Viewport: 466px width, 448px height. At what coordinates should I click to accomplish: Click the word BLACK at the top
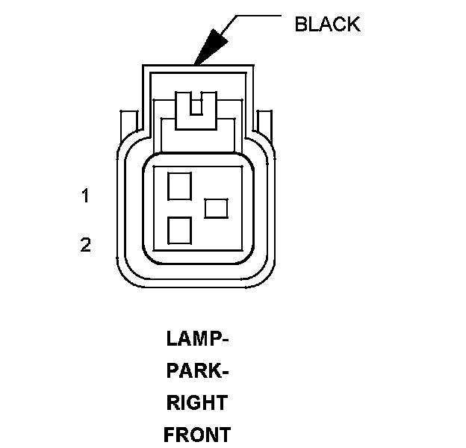coord(327,24)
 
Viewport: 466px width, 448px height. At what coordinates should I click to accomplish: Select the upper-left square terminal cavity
coord(179,185)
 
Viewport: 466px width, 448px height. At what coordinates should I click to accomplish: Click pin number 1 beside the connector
coord(86,196)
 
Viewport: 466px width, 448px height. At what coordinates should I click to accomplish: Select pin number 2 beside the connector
coord(86,244)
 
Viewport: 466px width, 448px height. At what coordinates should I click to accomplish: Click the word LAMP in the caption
coord(193,339)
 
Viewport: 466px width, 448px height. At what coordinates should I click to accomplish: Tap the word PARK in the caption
coord(193,371)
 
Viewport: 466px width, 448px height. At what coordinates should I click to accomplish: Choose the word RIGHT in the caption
coord(196,403)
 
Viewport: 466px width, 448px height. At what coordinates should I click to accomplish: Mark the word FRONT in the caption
coord(197,435)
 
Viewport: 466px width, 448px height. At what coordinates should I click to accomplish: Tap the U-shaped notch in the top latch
coord(196,105)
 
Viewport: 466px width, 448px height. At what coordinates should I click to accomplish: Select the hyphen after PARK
coord(225,372)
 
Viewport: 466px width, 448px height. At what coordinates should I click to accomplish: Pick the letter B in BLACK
coord(301,24)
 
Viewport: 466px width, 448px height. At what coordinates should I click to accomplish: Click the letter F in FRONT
coord(169,435)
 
